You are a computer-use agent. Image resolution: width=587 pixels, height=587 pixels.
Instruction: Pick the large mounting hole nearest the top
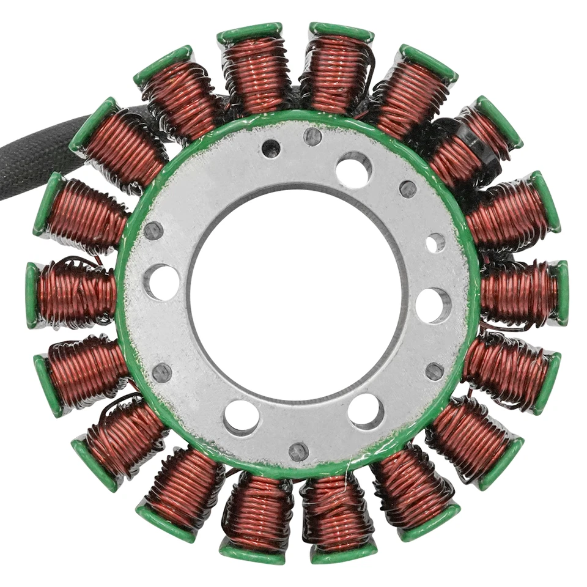(x=353, y=169)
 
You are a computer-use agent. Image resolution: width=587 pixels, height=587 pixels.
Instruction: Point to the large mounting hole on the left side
(x=162, y=282)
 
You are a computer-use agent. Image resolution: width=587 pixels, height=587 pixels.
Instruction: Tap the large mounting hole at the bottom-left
(x=241, y=418)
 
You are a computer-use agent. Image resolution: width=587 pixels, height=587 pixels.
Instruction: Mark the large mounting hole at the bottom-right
(x=366, y=410)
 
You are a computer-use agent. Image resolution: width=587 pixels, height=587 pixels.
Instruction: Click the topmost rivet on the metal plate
(x=312, y=136)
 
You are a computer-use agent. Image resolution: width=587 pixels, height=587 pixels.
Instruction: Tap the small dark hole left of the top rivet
(x=271, y=149)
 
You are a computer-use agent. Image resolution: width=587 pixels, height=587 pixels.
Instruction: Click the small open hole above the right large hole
(x=435, y=243)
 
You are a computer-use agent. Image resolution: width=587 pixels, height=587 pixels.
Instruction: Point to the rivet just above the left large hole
(x=153, y=231)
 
